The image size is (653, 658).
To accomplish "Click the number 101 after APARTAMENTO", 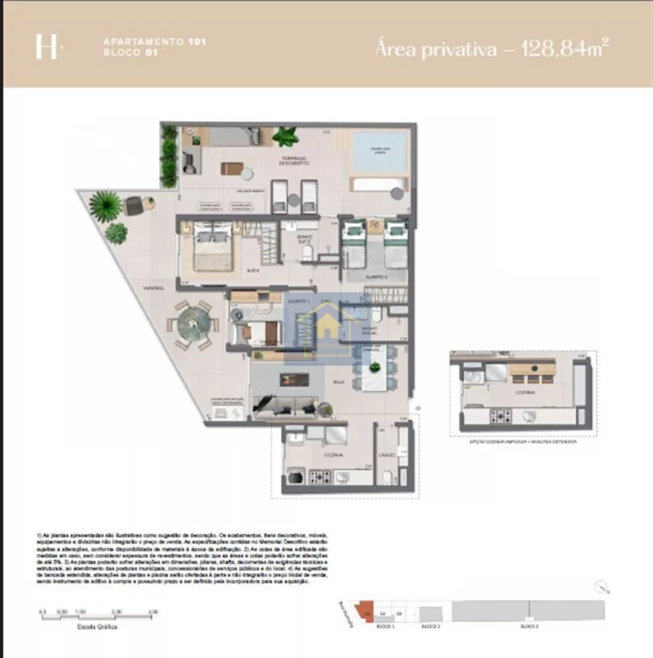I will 196,41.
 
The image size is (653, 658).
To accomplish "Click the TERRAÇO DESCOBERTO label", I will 292,161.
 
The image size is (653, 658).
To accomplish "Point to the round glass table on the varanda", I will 194,324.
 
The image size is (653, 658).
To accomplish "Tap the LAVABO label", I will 386,455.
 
